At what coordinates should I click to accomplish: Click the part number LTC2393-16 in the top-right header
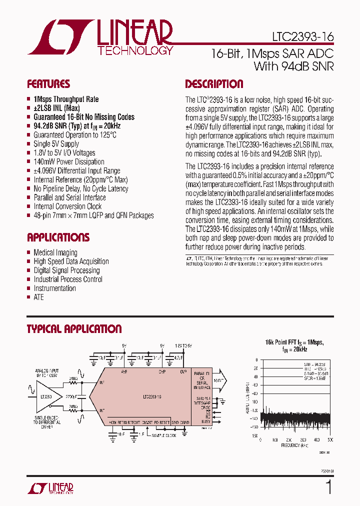303,37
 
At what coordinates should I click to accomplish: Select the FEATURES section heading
48,84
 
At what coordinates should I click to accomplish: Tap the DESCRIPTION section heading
214,84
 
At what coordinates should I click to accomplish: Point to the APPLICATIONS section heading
58,237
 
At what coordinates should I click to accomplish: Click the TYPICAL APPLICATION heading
74,329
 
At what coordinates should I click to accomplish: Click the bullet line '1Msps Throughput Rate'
66,99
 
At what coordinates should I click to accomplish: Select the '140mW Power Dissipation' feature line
69,162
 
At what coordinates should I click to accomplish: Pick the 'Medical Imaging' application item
55,252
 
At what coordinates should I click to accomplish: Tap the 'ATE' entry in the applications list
38,297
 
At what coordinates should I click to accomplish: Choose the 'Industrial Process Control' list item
68,279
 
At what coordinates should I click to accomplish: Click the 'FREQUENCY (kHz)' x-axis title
294,444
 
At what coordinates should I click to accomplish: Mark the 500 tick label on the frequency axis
330,439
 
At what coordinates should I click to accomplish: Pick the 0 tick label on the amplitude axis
256,360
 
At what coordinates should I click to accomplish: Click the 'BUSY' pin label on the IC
205,421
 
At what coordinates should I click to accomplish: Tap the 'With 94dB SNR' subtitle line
293,66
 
